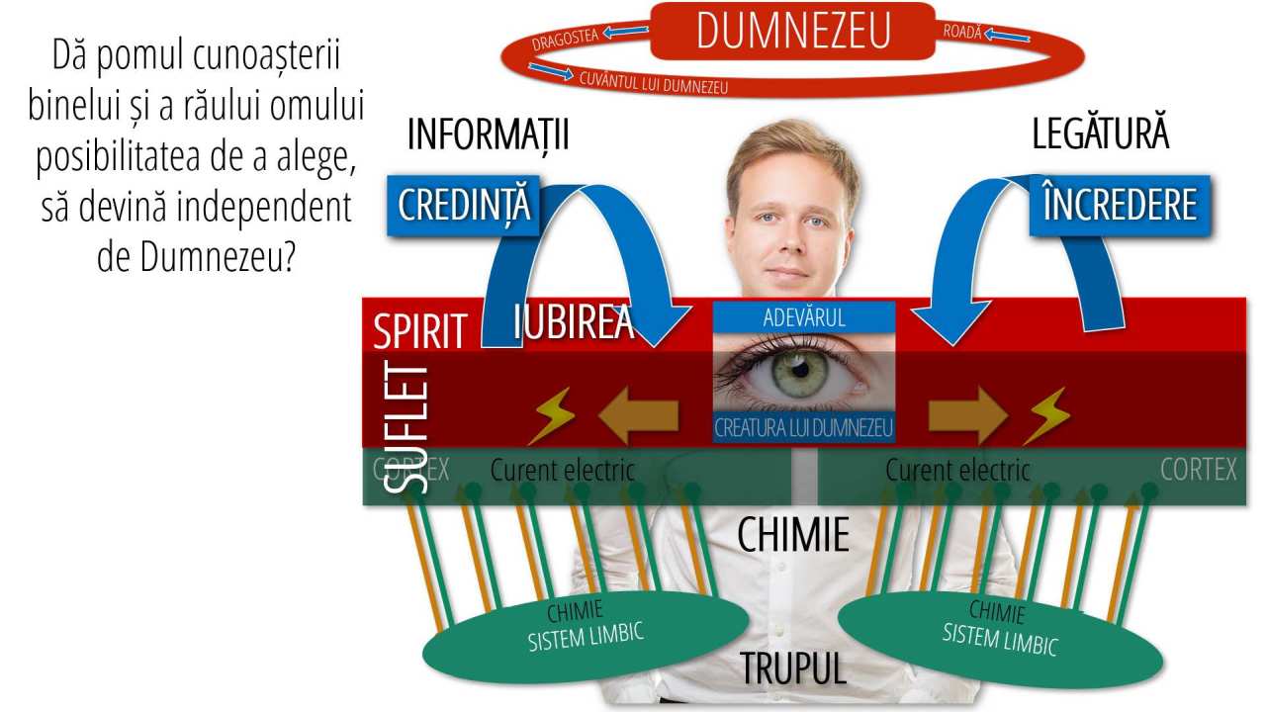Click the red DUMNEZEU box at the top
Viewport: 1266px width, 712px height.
click(793, 31)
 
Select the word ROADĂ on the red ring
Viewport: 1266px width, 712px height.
click(962, 32)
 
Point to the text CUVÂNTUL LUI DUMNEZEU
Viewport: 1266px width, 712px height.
click(654, 82)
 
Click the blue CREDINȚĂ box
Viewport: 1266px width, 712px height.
click(465, 205)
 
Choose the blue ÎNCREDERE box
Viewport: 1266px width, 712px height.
click(1120, 205)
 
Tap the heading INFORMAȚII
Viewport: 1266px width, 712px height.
click(488, 135)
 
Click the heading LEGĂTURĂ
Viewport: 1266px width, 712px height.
click(1100, 134)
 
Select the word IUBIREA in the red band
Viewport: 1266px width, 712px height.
click(574, 322)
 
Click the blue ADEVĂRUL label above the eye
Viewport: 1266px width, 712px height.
click(804, 317)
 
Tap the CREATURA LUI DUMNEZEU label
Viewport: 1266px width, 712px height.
click(804, 428)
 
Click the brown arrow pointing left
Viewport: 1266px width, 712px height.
click(638, 415)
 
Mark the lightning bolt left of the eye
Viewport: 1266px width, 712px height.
click(551, 416)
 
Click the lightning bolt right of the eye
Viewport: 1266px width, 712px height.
click(1045, 415)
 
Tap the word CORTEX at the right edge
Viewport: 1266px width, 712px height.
click(1198, 470)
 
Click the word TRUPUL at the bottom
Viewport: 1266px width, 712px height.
click(793, 669)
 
